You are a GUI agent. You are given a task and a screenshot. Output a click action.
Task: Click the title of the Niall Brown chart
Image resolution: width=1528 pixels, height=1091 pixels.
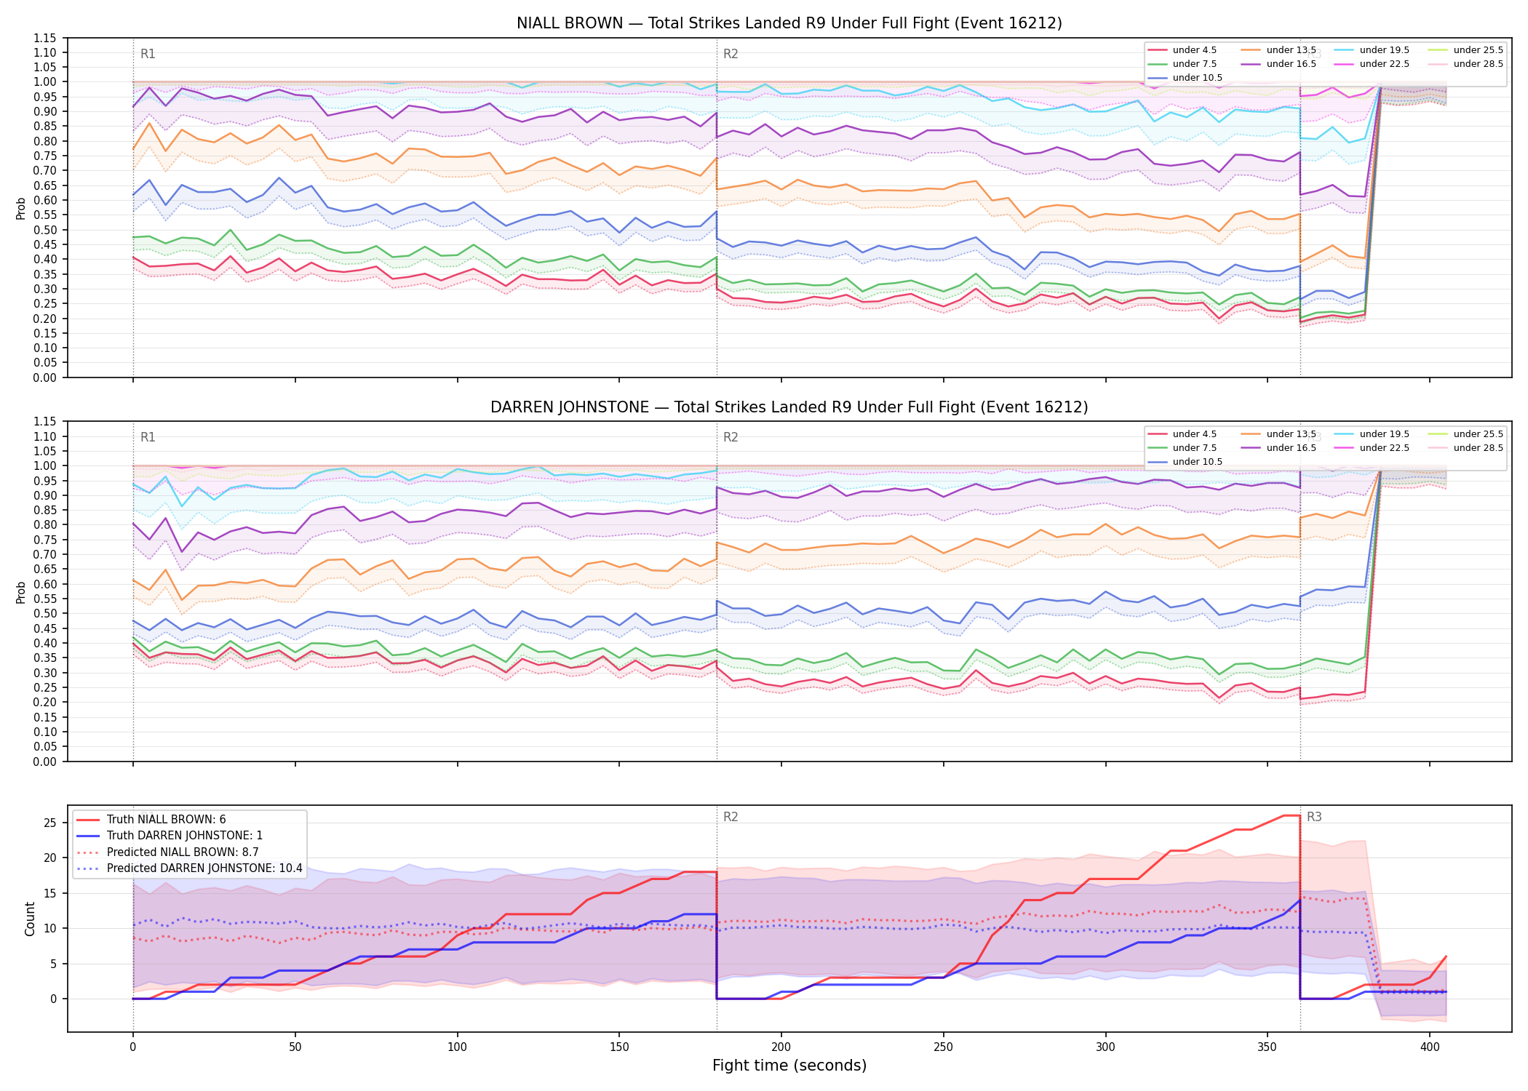789,23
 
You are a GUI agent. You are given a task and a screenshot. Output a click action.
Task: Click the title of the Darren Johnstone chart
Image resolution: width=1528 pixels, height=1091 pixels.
789,407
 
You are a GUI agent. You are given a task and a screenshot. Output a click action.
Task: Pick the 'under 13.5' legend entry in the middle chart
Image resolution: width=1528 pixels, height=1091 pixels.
1278,434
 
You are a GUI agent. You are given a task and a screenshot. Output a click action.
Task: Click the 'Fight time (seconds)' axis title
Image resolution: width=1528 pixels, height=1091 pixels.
789,1066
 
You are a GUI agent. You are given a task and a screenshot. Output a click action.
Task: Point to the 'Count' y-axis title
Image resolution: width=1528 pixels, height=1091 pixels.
30,919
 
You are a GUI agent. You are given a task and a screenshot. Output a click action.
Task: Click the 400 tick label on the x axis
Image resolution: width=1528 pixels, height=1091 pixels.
1430,1047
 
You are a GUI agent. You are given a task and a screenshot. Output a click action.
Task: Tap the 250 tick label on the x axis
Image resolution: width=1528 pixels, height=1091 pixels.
943,1047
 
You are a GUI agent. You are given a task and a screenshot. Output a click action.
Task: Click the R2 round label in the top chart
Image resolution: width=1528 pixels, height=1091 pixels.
731,54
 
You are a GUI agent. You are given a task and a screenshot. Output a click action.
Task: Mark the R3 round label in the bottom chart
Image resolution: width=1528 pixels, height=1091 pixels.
1314,817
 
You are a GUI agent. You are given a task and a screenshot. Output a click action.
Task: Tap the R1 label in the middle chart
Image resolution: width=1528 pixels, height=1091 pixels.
148,437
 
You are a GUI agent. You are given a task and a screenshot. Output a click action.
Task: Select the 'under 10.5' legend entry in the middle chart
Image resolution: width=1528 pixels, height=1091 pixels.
1185,462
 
